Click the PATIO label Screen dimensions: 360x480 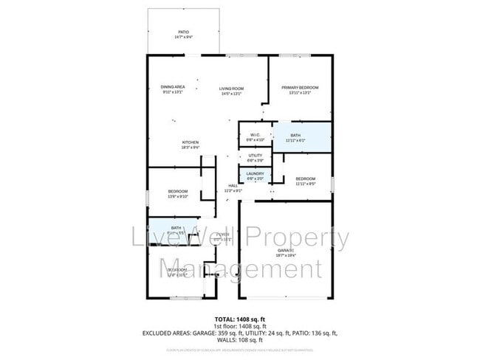(x=183, y=32)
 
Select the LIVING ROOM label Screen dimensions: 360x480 (x=231, y=89)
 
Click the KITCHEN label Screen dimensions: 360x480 (x=191, y=142)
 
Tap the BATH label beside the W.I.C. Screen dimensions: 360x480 (x=295, y=135)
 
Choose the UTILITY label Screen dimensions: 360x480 (x=256, y=156)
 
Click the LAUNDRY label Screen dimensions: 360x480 (x=255, y=173)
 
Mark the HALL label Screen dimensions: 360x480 (x=233, y=185)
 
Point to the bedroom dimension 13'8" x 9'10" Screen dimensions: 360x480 (x=179, y=196)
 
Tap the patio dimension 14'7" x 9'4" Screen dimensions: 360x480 (x=183, y=37)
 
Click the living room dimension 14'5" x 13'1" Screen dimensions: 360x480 (x=231, y=94)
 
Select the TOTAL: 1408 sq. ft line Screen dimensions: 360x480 (x=239, y=318)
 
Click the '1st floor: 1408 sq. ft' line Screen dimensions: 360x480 (x=239, y=325)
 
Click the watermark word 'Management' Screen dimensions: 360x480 (x=241, y=268)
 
